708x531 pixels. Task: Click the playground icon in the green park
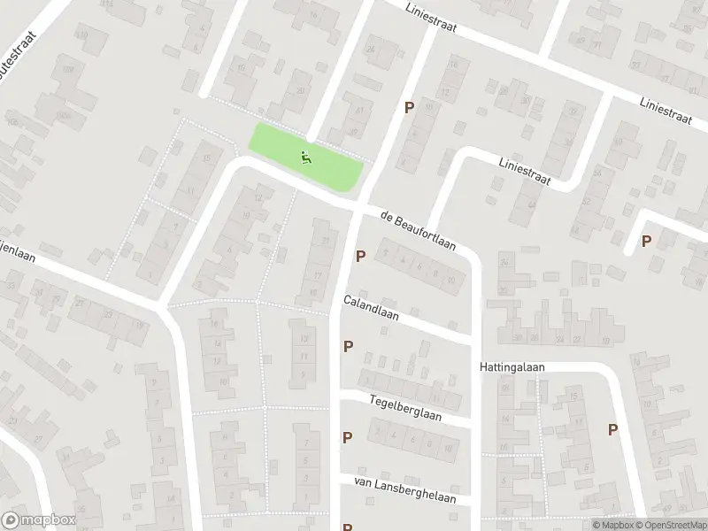click(306, 159)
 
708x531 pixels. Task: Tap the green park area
click(327, 164)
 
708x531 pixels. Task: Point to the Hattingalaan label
click(514, 366)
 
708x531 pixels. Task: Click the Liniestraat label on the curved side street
click(525, 172)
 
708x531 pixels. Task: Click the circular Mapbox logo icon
click(12, 520)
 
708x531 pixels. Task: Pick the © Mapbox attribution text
click(612, 525)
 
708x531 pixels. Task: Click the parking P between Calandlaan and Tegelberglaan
click(348, 347)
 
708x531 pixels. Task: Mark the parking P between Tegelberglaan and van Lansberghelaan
click(347, 436)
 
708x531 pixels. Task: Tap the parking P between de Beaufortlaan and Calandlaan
click(360, 257)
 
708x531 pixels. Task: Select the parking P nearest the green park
click(409, 107)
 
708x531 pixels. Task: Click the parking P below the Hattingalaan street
click(612, 429)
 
